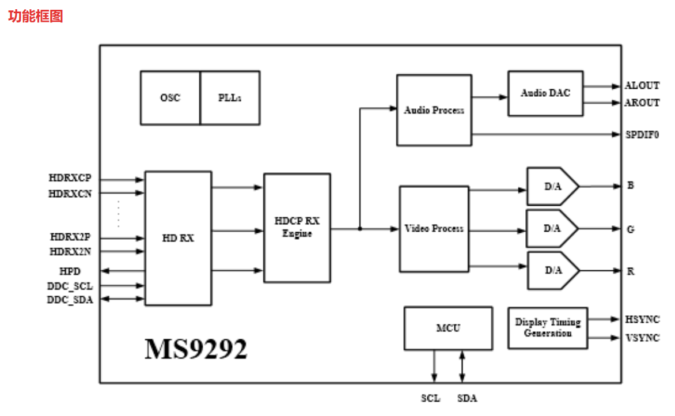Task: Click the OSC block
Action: (170, 98)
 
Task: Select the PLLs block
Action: (230, 98)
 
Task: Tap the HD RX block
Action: (178, 238)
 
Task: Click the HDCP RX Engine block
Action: (297, 228)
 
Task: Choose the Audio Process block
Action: (434, 110)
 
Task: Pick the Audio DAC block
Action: (545, 93)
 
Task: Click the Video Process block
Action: (434, 229)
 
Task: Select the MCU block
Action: (448, 328)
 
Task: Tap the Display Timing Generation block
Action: (548, 328)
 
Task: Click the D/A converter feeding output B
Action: (552, 187)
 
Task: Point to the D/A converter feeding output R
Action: (552, 270)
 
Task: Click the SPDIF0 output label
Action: (642, 135)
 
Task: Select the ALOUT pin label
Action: (642, 86)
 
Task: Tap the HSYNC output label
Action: (642, 320)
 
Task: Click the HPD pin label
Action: (70, 271)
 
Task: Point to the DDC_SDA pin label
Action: (70, 300)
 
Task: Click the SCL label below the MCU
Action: (430, 398)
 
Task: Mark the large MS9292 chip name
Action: (196, 349)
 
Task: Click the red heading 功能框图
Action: (35, 16)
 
